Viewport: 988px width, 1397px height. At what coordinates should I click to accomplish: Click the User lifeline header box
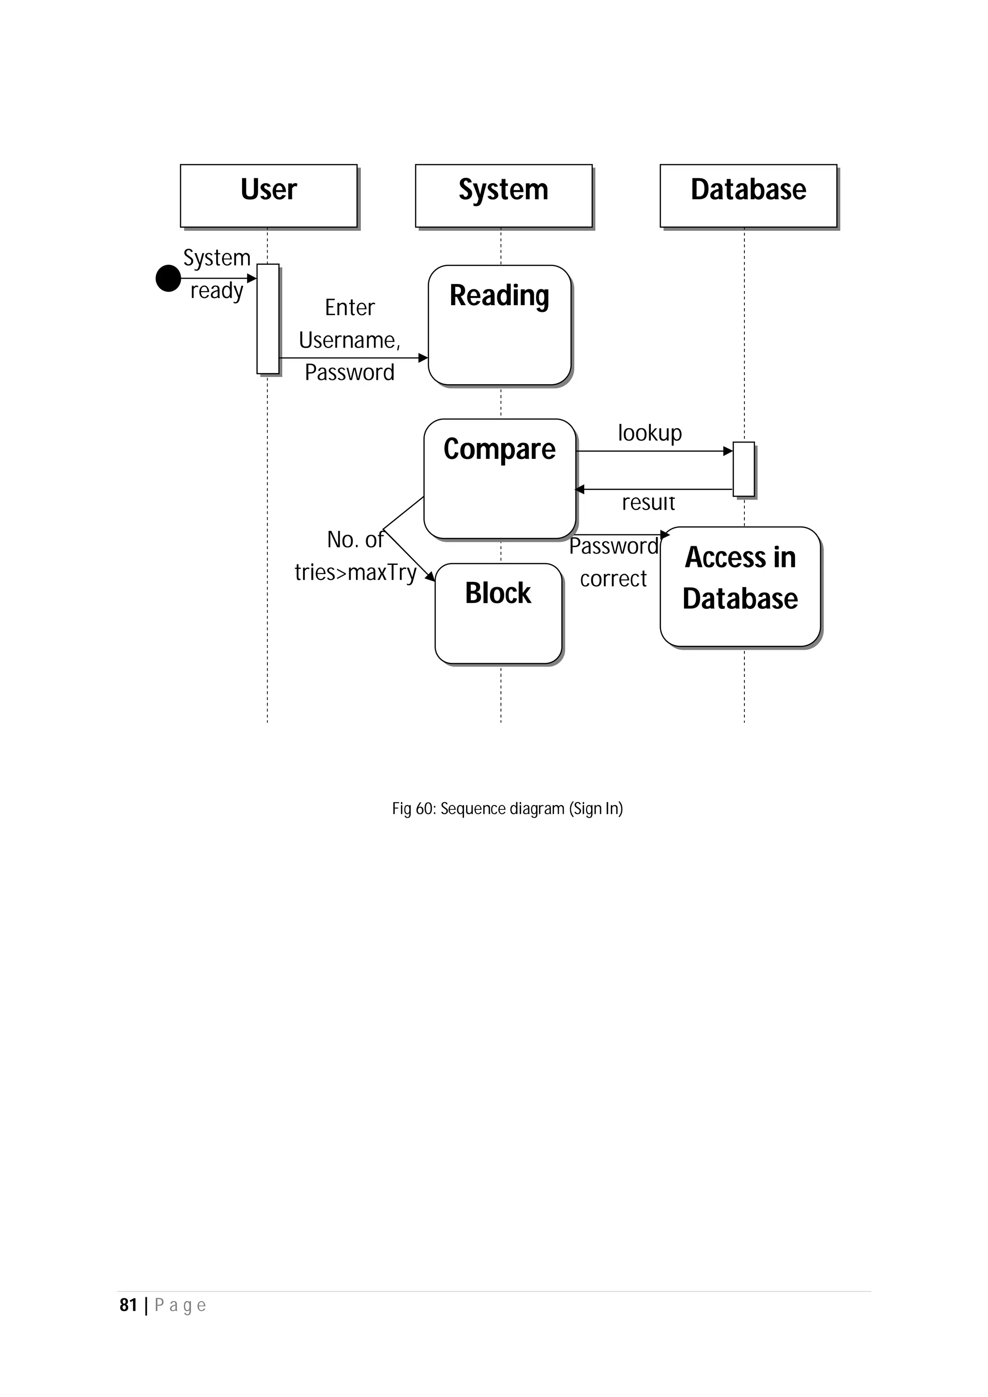point(268,195)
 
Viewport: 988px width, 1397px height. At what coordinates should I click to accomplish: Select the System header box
point(504,195)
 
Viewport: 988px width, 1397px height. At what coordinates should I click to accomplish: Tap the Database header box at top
point(748,195)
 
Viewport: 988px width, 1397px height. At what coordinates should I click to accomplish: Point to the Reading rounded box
point(499,325)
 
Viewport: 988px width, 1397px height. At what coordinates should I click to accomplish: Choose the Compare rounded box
point(499,478)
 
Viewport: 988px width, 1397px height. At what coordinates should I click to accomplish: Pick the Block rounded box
point(498,613)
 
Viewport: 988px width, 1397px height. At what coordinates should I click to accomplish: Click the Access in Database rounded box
point(740,586)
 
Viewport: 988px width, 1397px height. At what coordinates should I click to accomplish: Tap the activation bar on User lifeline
point(268,318)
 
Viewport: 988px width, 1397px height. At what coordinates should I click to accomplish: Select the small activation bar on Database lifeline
point(743,469)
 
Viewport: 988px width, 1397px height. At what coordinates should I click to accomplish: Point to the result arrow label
point(648,503)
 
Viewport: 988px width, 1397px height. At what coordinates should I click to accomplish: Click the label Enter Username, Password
point(349,339)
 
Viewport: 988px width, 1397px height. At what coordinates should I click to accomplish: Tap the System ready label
point(217,274)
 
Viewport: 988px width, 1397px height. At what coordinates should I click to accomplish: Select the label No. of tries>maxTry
point(356,555)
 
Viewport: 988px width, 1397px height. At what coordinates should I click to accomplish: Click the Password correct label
point(614,562)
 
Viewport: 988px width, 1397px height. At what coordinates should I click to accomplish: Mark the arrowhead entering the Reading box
point(423,358)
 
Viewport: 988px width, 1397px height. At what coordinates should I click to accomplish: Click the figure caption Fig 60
point(507,808)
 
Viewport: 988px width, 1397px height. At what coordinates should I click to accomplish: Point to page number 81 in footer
point(128,1305)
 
